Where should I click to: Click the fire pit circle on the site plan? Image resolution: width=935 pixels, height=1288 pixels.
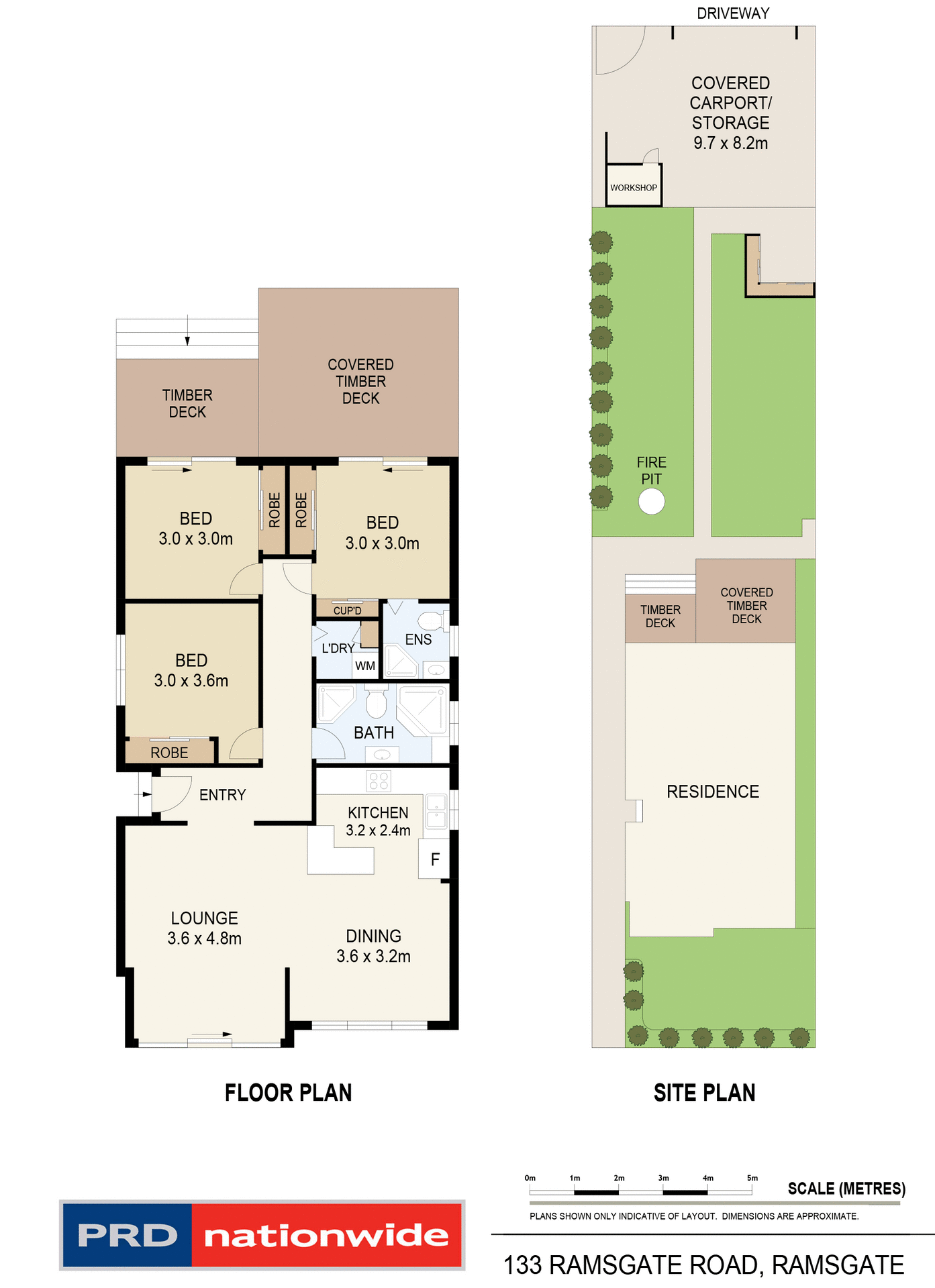(x=651, y=501)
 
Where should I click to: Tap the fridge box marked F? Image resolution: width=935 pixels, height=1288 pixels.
(x=434, y=859)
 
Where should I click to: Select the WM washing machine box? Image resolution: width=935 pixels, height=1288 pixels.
(x=365, y=666)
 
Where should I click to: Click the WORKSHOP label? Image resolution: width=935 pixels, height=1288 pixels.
(x=633, y=188)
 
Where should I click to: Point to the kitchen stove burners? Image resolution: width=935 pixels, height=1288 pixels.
(x=379, y=780)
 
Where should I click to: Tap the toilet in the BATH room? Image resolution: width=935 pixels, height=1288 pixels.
(x=376, y=702)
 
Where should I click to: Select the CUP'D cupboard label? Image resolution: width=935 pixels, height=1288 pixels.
(x=347, y=610)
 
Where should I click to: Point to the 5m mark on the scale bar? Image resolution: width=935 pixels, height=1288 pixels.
(x=752, y=1191)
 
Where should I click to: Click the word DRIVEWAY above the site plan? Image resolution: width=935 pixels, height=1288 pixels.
(x=733, y=13)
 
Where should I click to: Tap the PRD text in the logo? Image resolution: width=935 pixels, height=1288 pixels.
(x=128, y=1236)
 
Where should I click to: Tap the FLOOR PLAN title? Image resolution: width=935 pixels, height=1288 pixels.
(x=288, y=1093)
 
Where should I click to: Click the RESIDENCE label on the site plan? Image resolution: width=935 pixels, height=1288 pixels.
(x=712, y=792)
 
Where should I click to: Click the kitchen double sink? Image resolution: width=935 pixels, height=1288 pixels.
(x=436, y=810)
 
